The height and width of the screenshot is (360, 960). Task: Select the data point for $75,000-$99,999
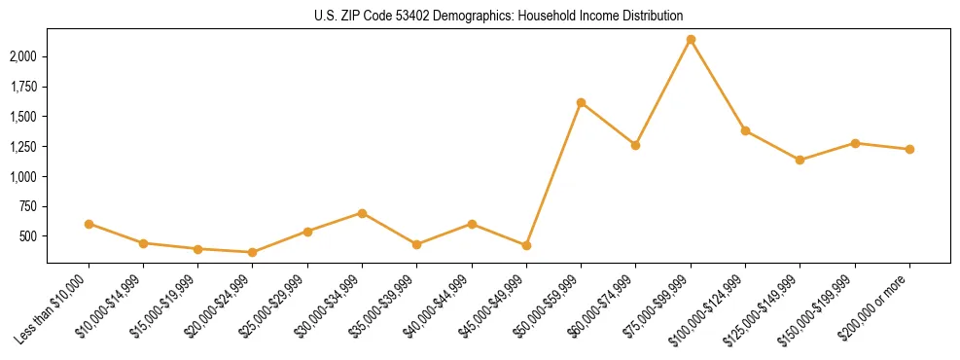click(691, 40)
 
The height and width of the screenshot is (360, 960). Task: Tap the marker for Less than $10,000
click(89, 224)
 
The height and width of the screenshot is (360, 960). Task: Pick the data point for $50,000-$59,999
click(581, 102)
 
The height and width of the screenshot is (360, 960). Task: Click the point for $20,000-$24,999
click(253, 252)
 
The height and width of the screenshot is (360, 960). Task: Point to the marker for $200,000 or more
click(909, 149)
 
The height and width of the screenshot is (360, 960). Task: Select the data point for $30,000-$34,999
click(362, 213)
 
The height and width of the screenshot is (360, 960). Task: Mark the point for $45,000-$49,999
click(526, 245)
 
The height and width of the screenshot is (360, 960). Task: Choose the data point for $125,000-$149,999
click(800, 160)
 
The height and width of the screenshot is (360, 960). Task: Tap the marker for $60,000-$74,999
click(635, 145)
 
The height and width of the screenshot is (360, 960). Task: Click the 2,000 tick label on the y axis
click(23, 56)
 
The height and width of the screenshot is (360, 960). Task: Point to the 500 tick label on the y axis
click(29, 236)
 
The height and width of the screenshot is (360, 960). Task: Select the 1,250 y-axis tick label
click(23, 147)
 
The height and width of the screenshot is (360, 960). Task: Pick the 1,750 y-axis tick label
click(23, 87)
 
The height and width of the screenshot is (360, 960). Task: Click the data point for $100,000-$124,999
click(745, 130)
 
